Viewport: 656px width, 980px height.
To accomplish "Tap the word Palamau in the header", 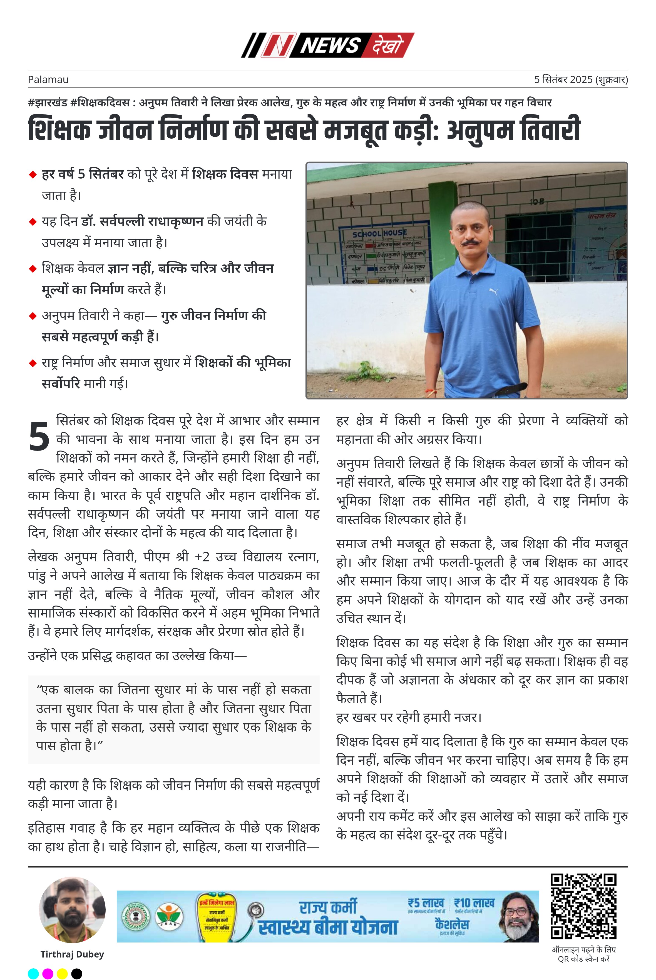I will tap(48, 79).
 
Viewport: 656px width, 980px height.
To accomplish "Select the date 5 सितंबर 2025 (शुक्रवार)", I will tap(581, 79).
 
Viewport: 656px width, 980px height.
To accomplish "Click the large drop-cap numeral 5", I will tap(39, 437).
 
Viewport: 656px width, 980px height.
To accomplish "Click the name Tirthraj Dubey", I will tap(72, 954).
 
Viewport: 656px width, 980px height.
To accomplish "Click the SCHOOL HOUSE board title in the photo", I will tap(379, 233).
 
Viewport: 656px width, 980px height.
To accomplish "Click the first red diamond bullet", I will tap(33, 175).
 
